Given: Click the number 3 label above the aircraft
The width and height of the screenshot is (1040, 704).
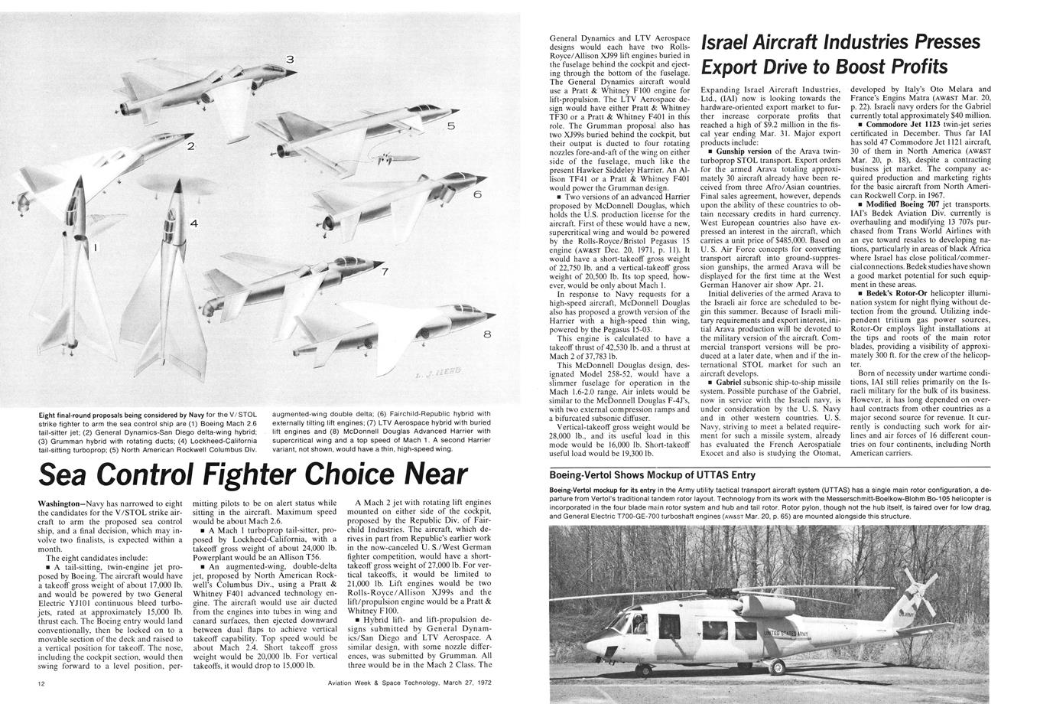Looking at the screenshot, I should pyautogui.click(x=290, y=59).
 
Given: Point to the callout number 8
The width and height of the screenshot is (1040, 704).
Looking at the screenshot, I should pyautogui.click(x=487, y=334).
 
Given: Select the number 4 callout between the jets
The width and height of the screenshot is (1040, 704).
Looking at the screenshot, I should pyautogui.click(x=193, y=223).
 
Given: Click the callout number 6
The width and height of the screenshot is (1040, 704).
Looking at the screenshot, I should pyautogui.click(x=476, y=195).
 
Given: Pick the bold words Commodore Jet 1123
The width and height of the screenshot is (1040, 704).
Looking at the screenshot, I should pyautogui.click(x=902, y=124).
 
